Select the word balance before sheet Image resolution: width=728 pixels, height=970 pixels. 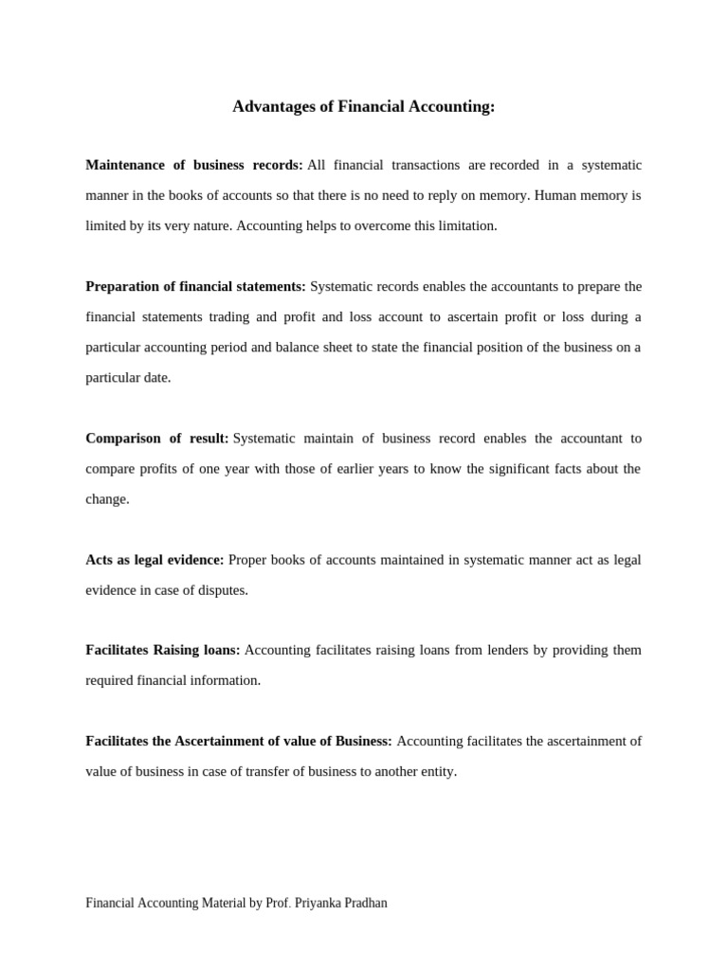click(299, 347)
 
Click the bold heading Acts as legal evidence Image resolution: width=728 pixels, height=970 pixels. click(155, 559)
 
